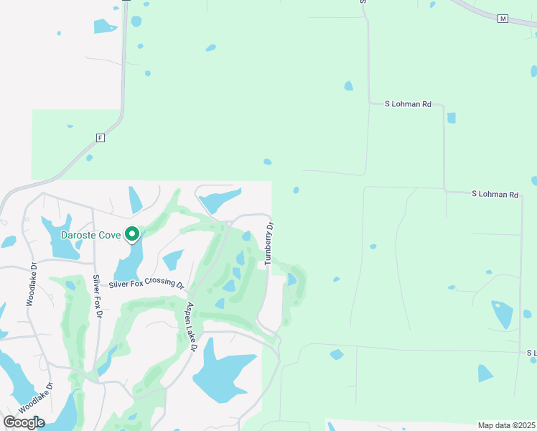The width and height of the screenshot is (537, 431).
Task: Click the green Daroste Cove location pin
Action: pyautogui.click(x=132, y=234)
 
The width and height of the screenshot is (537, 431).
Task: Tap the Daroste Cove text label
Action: pyautogui.click(x=90, y=235)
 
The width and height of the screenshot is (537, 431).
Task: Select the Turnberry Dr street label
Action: pyautogui.click(x=269, y=244)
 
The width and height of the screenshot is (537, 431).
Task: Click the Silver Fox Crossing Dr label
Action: pyautogui.click(x=146, y=281)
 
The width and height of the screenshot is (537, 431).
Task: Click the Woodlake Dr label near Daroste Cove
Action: pyautogui.click(x=31, y=284)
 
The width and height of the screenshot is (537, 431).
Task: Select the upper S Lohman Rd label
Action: pyautogui.click(x=408, y=104)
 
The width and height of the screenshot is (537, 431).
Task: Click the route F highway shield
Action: pyautogui.click(x=100, y=137)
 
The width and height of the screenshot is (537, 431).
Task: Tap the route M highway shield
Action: pyautogui.click(x=503, y=19)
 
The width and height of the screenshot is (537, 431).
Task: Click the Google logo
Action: pyautogui.click(x=24, y=422)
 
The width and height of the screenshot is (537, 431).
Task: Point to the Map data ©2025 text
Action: pyautogui.click(x=507, y=425)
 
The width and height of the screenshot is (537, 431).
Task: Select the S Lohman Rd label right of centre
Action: pyautogui.click(x=495, y=195)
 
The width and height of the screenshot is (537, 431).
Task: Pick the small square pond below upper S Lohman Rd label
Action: pyautogui.click(x=451, y=118)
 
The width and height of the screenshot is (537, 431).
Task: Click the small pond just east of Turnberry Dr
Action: pyautogui.click(x=291, y=279)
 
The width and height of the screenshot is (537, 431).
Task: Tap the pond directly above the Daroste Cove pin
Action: pyautogui.click(x=135, y=200)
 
